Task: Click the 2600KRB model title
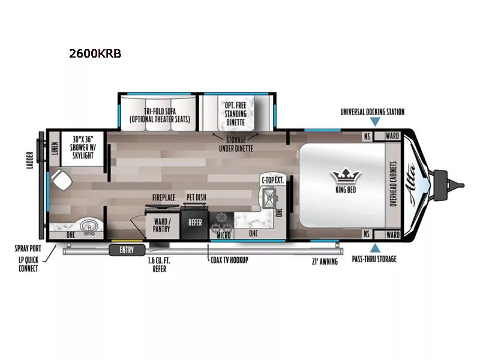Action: tap(95, 53)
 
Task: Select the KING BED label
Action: tap(344, 190)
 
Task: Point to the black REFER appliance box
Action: tap(196, 222)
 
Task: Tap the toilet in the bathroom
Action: tap(61, 178)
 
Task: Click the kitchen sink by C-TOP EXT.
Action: tap(268, 194)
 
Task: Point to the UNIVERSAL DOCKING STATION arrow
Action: tap(374, 122)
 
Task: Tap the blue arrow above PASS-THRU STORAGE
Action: tap(374, 247)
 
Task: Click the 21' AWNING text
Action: tap(325, 261)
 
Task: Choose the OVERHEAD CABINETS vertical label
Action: tap(394, 184)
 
